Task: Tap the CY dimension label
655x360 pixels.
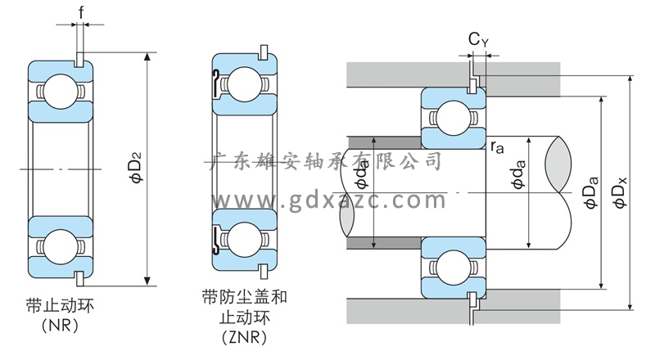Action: pos(479,38)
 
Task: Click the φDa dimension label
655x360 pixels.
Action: pos(591,195)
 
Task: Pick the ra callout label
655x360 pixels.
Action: pos(497,147)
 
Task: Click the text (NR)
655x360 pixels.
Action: pos(61,326)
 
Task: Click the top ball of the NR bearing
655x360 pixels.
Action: pos(60,88)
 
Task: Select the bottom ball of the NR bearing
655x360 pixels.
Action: pos(60,245)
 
